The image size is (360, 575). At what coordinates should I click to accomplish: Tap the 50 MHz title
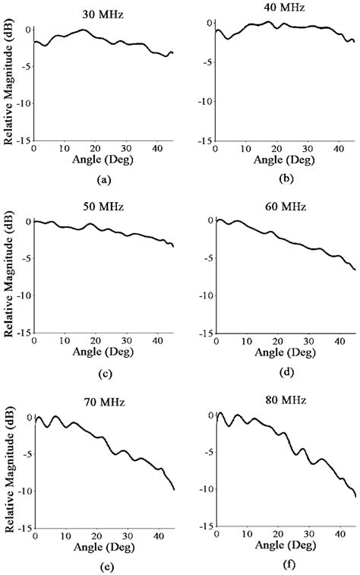[x=103, y=205]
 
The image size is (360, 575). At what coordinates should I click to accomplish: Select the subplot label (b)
[x=286, y=179]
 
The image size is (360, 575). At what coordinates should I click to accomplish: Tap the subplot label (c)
[x=104, y=373]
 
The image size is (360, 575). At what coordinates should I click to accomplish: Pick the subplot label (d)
[x=286, y=373]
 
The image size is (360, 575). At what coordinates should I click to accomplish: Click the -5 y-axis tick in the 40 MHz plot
[x=204, y=60]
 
